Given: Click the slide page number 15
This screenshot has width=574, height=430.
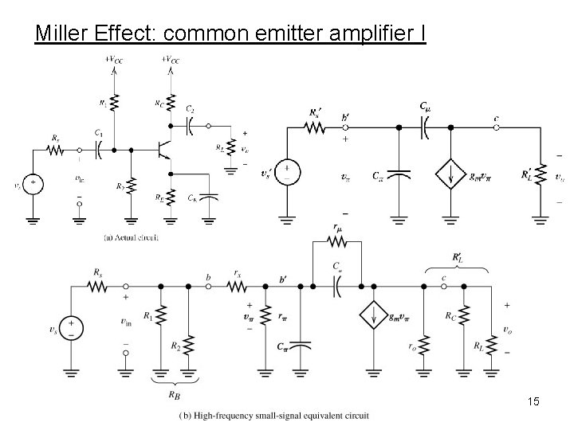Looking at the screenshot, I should pyautogui.click(x=533, y=402).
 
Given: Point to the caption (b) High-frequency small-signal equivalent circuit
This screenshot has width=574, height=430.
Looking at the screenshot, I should pyautogui.click(x=269, y=416).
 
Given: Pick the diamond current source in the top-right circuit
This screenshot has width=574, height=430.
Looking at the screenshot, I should pyautogui.click(x=452, y=174).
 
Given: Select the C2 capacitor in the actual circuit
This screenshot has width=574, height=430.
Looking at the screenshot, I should pyautogui.click(x=190, y=125).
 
